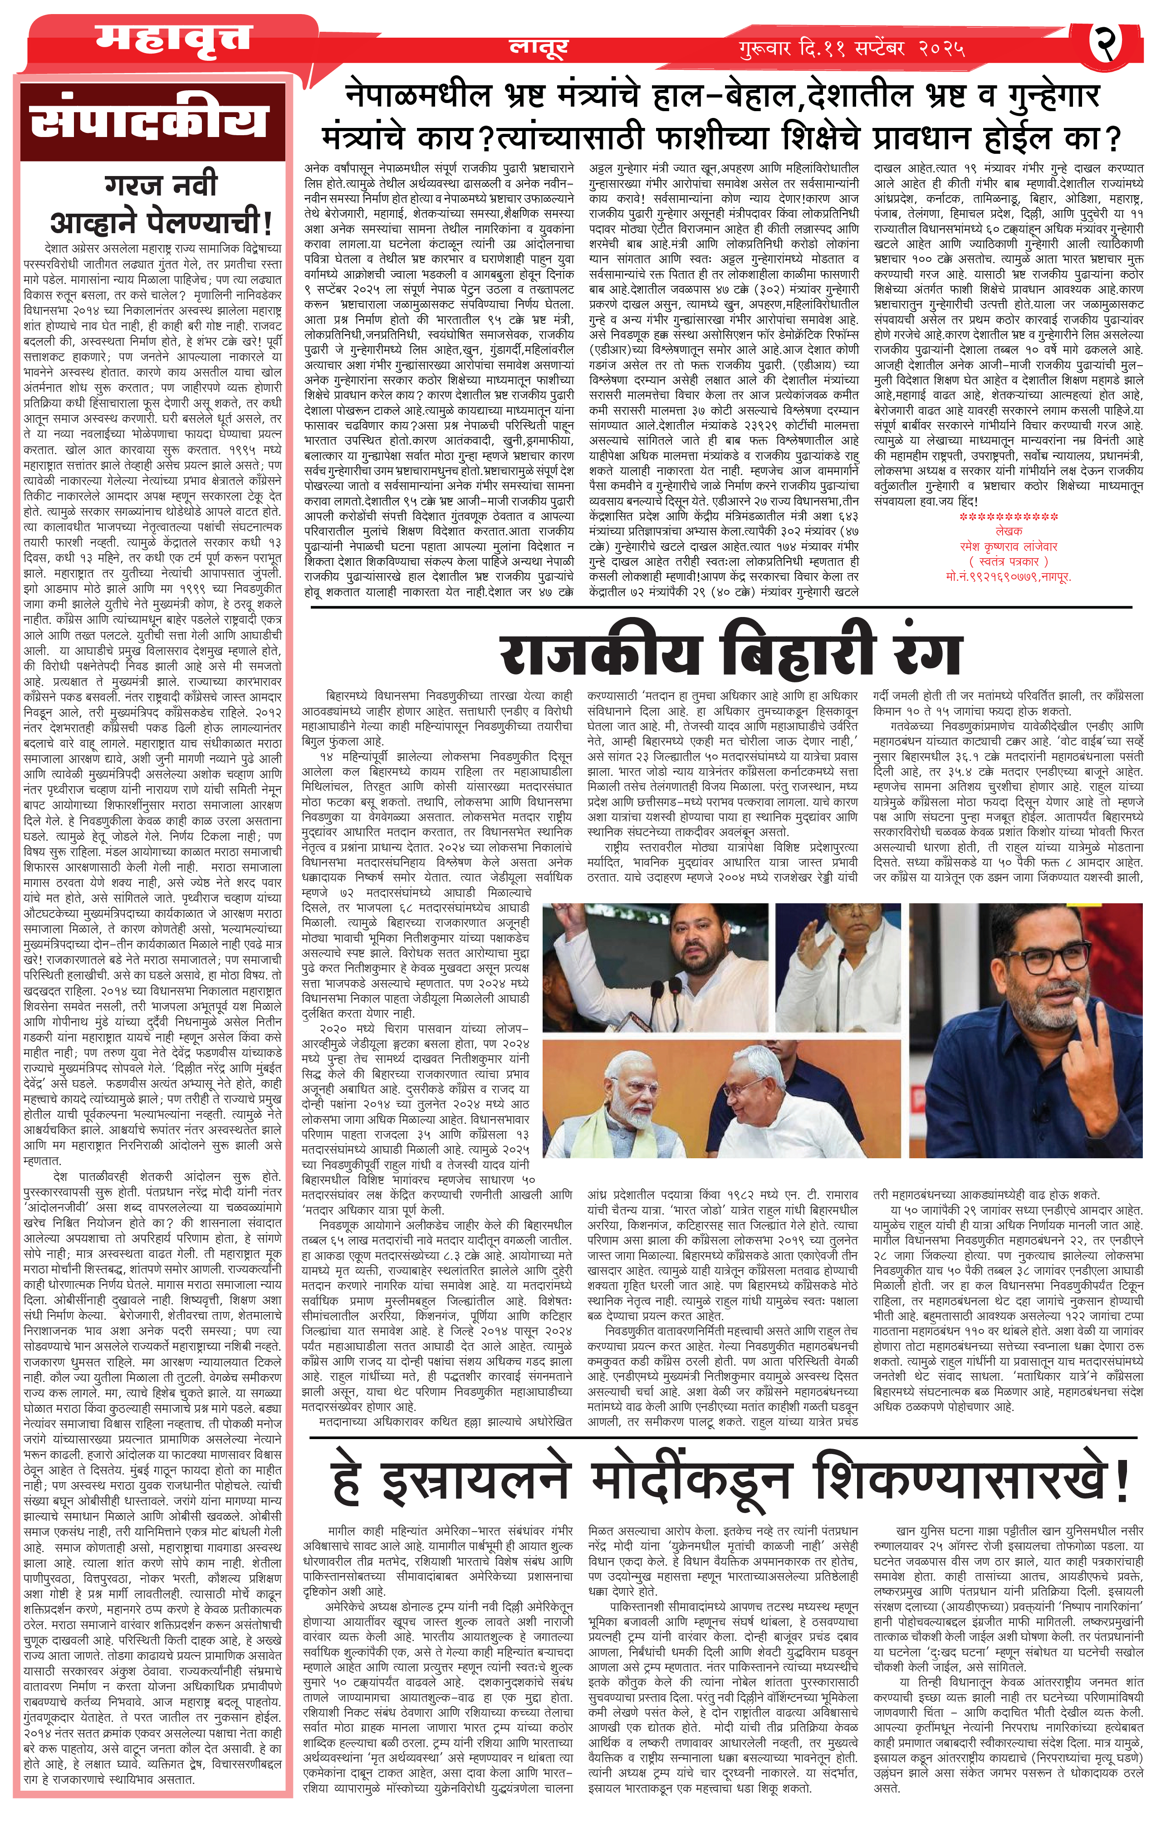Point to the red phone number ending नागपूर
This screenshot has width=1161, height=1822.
coord(1009,575)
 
